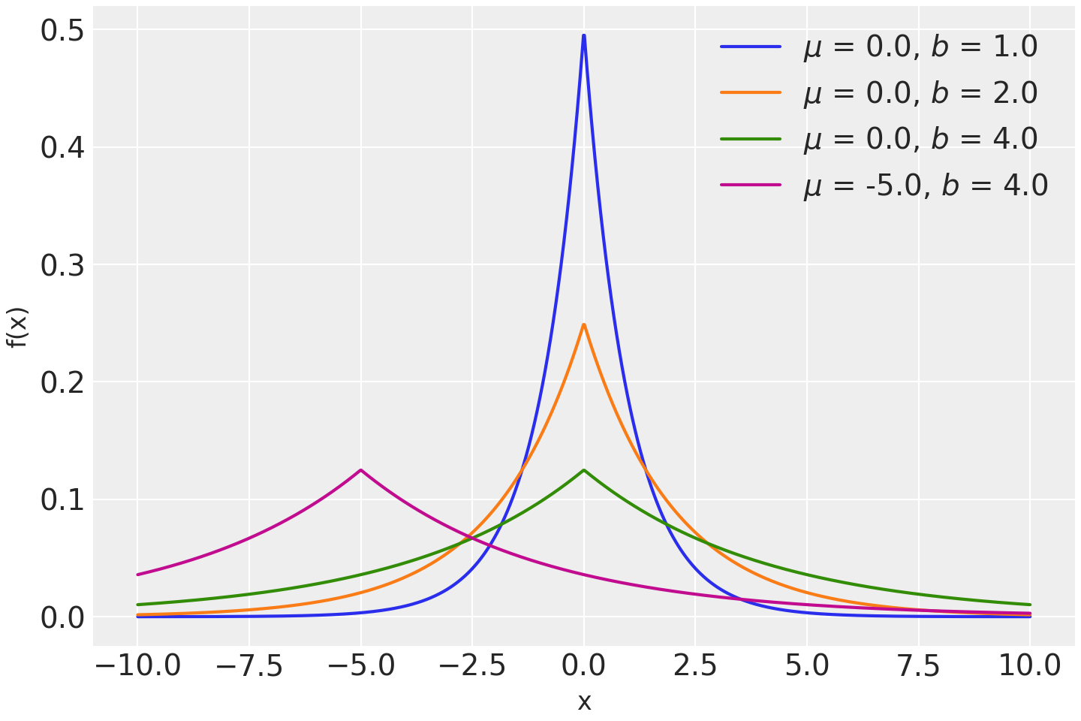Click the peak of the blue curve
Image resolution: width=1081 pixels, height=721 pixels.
pos(583,36)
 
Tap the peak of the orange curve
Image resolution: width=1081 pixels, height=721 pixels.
pos(583,324)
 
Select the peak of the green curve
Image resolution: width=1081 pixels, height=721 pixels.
pos(583,470)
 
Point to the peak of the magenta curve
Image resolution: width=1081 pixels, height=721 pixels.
pos(361,470)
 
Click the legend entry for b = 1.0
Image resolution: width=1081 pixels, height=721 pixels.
pos(920,47)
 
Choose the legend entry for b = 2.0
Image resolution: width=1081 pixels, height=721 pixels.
pos(920,93)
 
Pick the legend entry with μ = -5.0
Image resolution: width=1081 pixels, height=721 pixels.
pos(925,185)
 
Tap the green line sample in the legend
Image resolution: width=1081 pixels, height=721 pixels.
pos(751,139)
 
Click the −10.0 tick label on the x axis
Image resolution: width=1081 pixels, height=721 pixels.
pos(138,665)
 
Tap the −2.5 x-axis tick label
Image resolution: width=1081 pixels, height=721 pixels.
pos(472,665)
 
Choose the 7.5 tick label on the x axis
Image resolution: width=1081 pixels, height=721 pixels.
pos(918,665)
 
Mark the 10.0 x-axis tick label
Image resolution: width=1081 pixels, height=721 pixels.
pos(1029,665)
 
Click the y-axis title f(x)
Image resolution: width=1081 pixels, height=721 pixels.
pos(18,327)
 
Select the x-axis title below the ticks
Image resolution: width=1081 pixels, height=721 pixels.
pos(584,702)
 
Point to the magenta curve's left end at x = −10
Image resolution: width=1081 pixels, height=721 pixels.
pos(138,575)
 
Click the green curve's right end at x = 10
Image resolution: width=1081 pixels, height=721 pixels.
pos(1029,605)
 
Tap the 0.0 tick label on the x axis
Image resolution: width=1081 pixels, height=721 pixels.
pos(583,665)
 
